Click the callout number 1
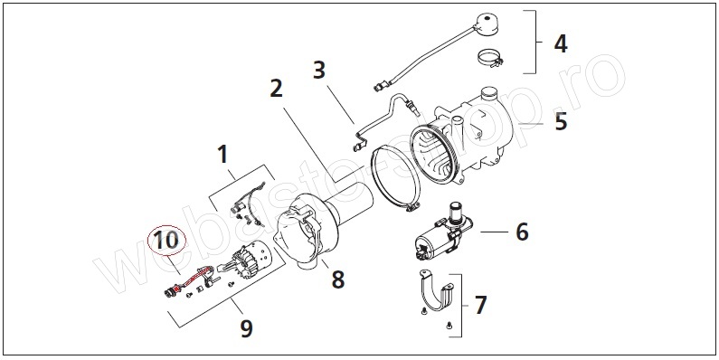[222, 155]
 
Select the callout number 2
[276, 89]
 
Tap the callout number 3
[319, 71]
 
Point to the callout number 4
[561, 44]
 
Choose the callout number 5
[562, 122]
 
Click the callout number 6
[522, 232]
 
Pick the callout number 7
[480, 306]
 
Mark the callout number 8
[338, 279]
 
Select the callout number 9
[246, 328]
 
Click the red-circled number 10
[166, 241]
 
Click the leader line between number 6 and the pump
[495, 232]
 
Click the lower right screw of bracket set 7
[449, 326]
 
